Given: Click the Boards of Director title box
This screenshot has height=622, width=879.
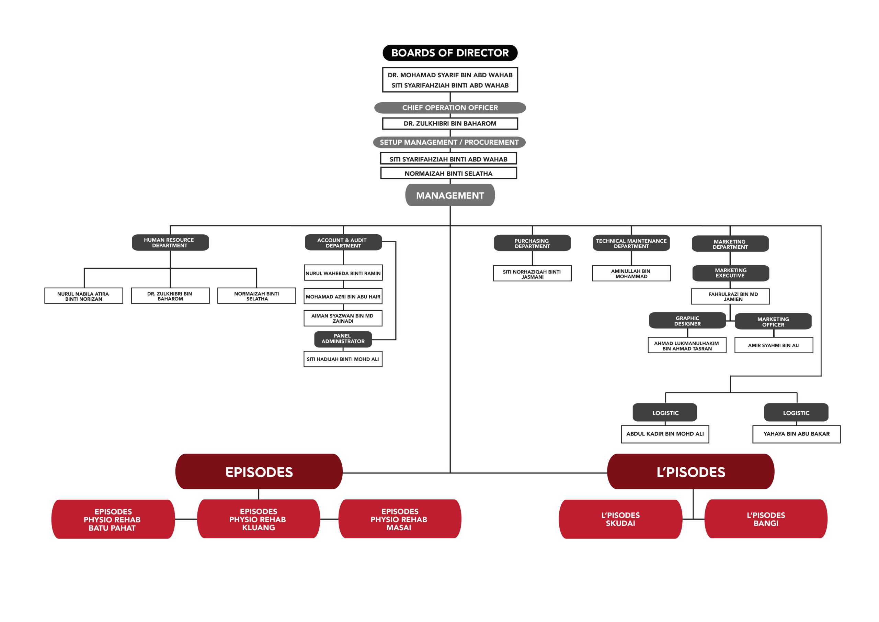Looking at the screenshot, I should [x=450, y=53].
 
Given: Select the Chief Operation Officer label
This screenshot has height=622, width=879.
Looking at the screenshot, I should [x=450, y=108].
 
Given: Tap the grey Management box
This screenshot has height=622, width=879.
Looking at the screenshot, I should [x=450, y=195].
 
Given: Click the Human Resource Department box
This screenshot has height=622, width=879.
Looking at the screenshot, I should [x=170, y=243].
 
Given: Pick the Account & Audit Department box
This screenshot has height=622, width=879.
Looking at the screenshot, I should [x=343, y=243].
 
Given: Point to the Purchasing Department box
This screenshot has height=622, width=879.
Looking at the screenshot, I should [x=532, y=243].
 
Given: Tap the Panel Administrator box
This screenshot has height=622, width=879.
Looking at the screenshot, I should [x=343, y=339].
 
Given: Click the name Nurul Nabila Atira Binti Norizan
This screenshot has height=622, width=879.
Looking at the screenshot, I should [x=83, y=296].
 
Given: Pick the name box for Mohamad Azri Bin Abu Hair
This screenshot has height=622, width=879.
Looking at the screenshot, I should [x=343, y=296].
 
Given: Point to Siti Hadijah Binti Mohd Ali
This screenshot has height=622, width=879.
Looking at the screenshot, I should [x=343, y=359].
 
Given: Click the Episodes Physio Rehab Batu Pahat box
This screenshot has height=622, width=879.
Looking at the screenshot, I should [x=113, y=519].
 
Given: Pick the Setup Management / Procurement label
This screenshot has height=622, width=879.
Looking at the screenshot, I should [x=449, y=142].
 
